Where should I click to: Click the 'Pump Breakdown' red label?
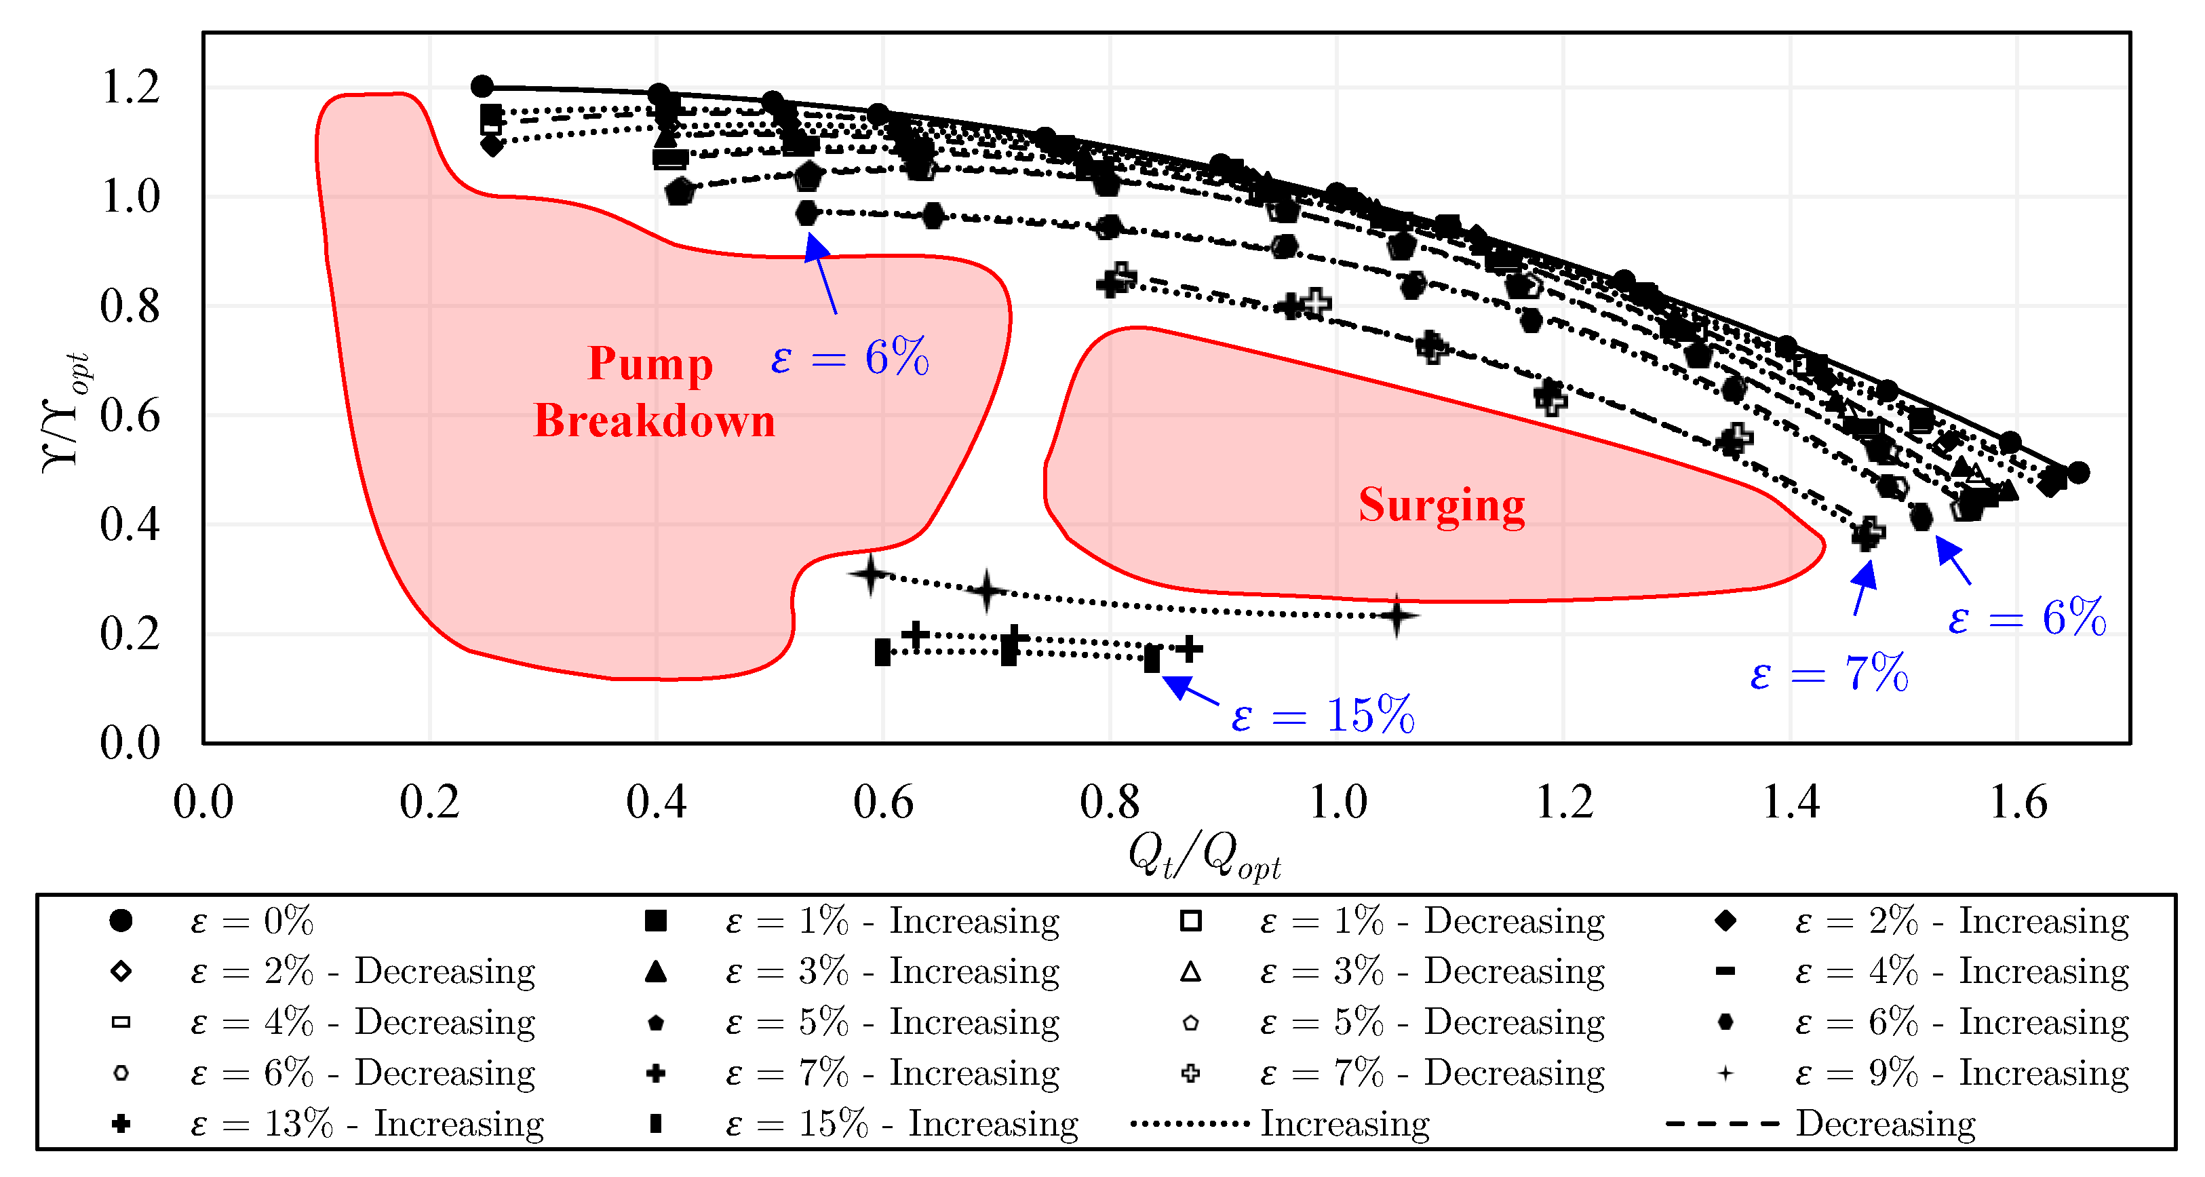pos(653,392)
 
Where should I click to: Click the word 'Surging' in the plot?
pos(1441,505)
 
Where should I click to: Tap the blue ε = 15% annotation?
pos(1323,715)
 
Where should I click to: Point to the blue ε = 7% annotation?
pos(1829,673)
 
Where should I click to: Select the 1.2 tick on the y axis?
pos(130,88)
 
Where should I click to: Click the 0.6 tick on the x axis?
pos(882,803)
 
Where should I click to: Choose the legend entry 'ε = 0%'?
pos(252,921)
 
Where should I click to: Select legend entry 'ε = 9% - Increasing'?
pos(1961,1073)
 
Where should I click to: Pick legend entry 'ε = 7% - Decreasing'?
pos(1432,1073)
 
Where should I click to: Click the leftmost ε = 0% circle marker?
pos(482,86)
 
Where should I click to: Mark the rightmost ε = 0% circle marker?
pos(2078,471)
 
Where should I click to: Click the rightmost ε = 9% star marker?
pos(1396,615)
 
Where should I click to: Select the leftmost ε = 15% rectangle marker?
pos(882,653)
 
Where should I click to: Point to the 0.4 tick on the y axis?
pos(130,524)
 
